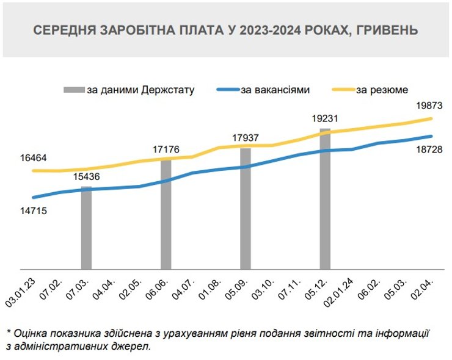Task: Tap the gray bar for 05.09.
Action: pos(245,209)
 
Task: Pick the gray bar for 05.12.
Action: pos(324,199)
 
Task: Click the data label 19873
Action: pos(428,106)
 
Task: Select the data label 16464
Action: pos(34,158)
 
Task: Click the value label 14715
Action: pos(34,211)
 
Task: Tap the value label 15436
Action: pos(86,177)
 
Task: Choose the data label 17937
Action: pos(245,137)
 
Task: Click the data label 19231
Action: pos(324,118)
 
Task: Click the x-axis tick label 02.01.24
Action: pos(342,287)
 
